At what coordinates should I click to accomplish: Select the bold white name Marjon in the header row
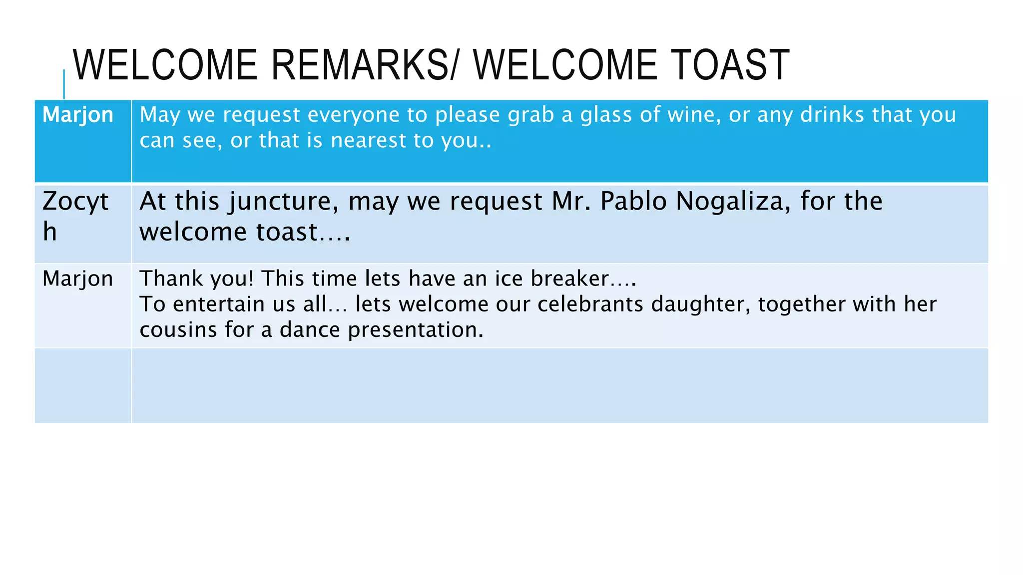pyautogui.click(x=78, y=115)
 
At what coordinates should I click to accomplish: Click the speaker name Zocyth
pyautogui.click(x=75, y=216)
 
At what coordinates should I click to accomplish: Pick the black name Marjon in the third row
pyautogui.click(x=78, y=279)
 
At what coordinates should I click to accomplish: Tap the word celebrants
pyautogui.click(x=590, y=304)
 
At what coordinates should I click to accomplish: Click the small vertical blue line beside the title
pyautogui.click(x=64, y=84)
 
